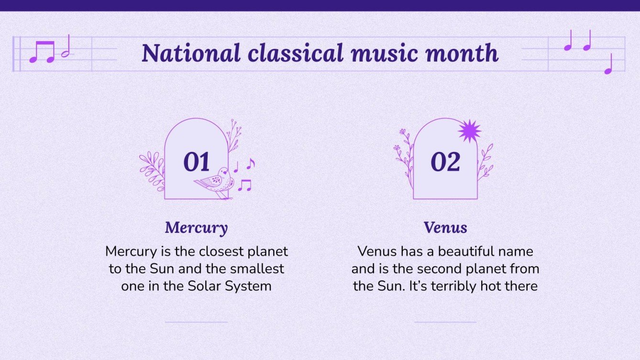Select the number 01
pos(197,162)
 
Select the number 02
pos(445,162)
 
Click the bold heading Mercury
pos(196,228)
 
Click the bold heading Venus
pos(445,228)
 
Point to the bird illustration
pos(216,181)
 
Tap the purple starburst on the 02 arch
pos(469,131)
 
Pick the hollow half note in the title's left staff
pos(66,47)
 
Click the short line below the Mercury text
pos(196,322)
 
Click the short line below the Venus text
pos(445,322)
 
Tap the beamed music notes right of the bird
pos(244,185)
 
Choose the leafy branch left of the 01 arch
pos(152,170)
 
